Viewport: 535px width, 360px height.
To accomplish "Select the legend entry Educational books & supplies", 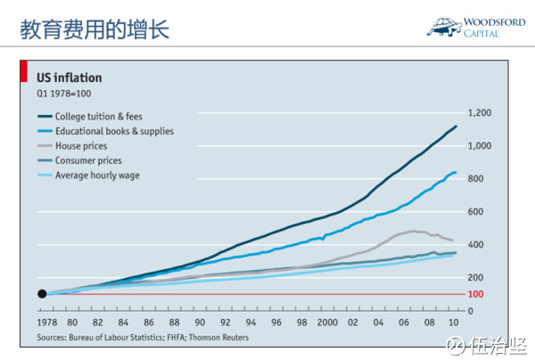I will [113, 131].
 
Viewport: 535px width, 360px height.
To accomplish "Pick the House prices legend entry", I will [82, 146].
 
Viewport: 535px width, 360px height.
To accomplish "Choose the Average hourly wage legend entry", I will [97, 176].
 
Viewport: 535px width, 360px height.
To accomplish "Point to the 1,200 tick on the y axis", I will [480, 113].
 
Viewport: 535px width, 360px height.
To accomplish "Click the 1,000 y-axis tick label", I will [480, 146].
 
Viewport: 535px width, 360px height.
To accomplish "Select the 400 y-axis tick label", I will [474, 245].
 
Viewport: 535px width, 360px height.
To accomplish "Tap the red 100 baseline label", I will [474, 294].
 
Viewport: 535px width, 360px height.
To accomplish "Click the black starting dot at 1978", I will [42, 294].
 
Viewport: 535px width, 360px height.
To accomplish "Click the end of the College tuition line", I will [457, 127].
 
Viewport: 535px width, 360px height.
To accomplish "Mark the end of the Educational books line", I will [457, 173].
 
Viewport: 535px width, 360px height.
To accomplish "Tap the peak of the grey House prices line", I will [416, 231].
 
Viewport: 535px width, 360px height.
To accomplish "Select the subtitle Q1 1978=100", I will [63, 94].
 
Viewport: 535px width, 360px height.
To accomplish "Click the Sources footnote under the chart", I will [143, 338].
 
